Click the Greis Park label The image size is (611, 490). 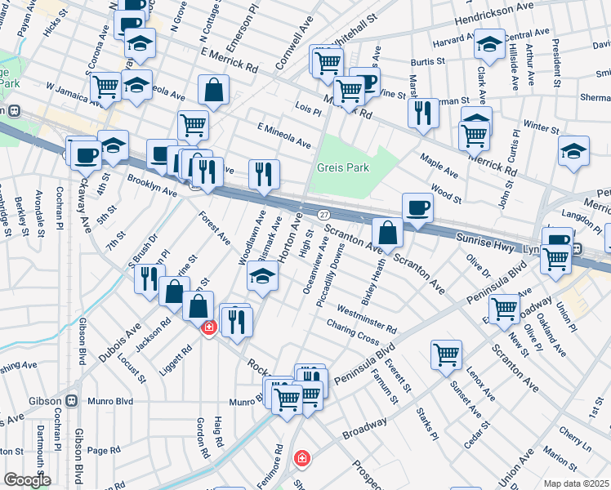[343, 168]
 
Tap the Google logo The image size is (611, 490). [26, 480]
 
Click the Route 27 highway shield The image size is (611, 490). [324, 213]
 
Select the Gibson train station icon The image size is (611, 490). [72, 401]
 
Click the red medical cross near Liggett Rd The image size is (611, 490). [208, 327]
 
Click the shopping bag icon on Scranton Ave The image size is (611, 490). [389, 234]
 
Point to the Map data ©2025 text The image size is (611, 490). [576, 483]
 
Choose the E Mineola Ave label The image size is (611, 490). [283, 135]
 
